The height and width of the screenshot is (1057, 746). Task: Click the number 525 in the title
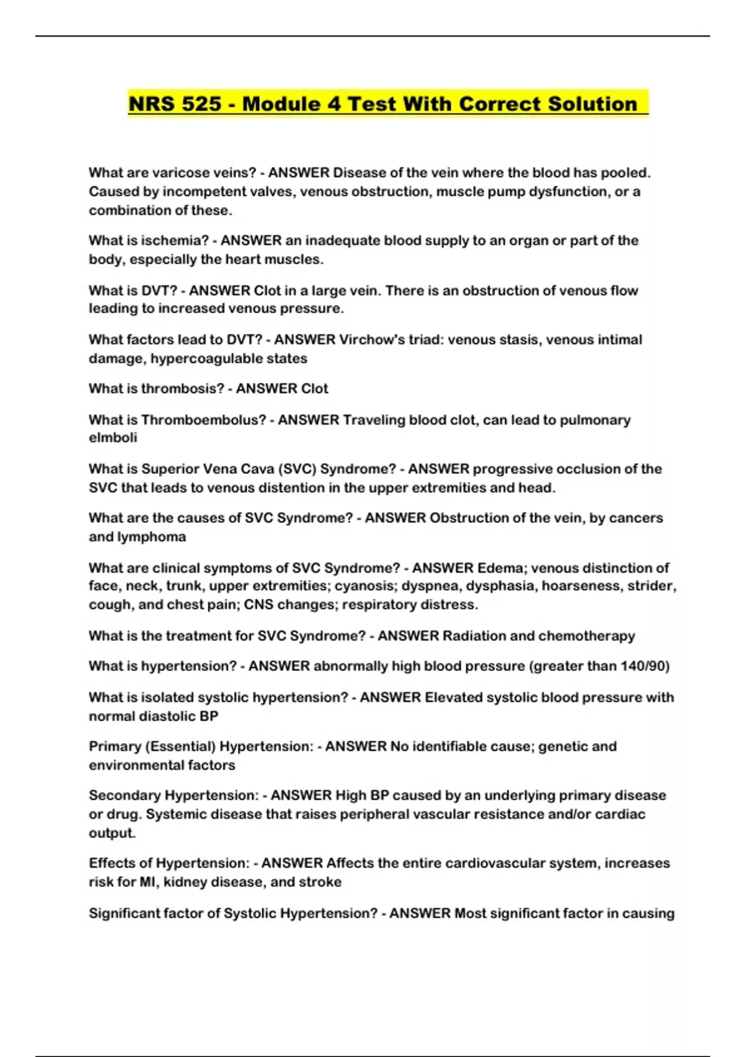pyautogui.click(x=201, y=104)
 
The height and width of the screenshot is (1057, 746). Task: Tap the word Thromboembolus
pyautogui.click(x=205, y=420)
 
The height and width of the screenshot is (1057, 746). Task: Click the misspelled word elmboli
pyautogui.click(x=113, y=438)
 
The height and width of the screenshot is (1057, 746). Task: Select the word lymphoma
pyautogui.click(x=159, y=537)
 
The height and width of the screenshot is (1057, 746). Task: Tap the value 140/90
pyautogui.click(x=645, y=666)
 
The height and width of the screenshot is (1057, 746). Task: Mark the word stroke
pyautogui.click(x=320, y=882)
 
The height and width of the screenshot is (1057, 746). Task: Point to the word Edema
pyautogui.click(x=500, y=568)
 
